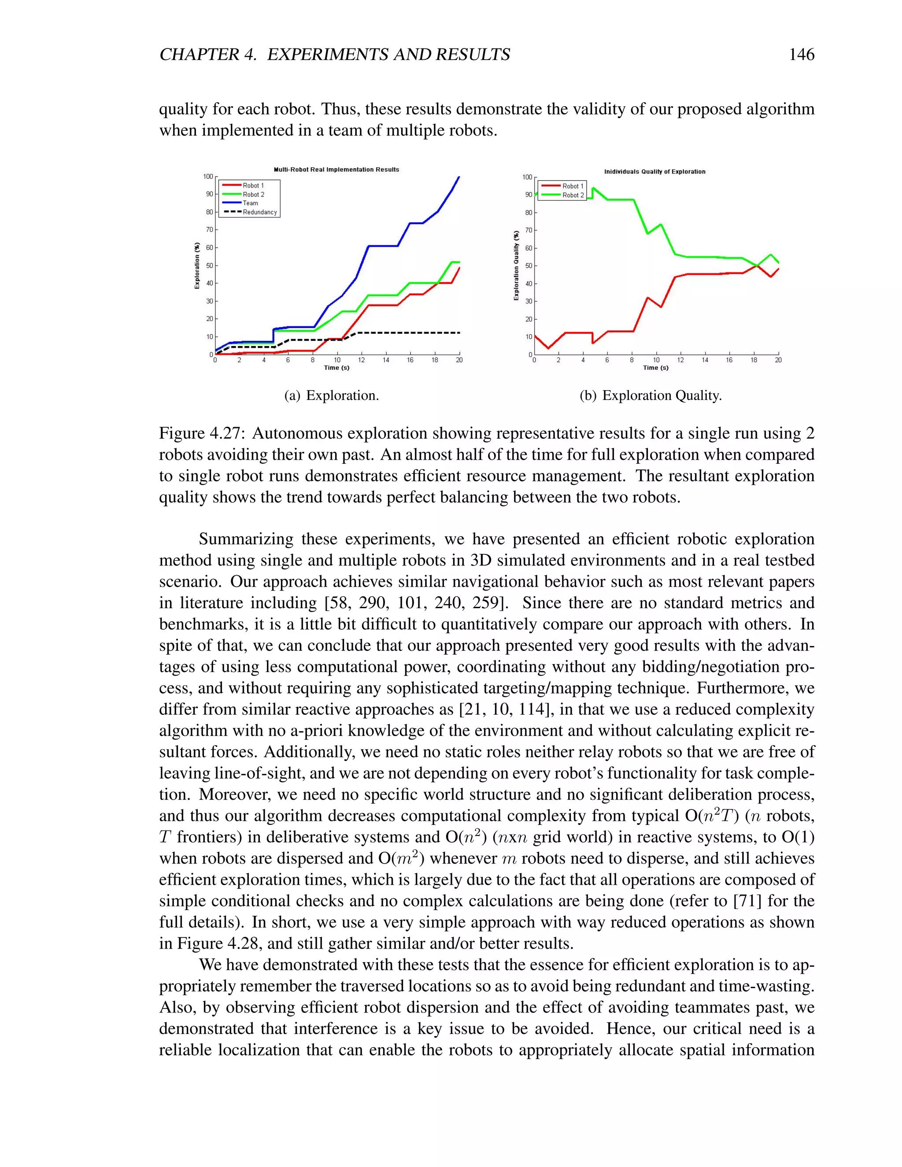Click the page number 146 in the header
point(801,54)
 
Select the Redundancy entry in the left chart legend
point(260,212)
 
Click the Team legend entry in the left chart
point(250,203)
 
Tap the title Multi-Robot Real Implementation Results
point(336,170)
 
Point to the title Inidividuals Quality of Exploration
point(654,171)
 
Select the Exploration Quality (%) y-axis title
point(516,266)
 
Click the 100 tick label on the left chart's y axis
point(208,176)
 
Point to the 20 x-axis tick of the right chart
point(778,361)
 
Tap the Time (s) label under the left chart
point(336,368)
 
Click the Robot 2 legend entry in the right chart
point(573,195)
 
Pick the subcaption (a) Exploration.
point(331,395)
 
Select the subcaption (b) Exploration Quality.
point(651,395)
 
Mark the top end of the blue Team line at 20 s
point(459,177)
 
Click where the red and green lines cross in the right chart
point(758,265)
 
